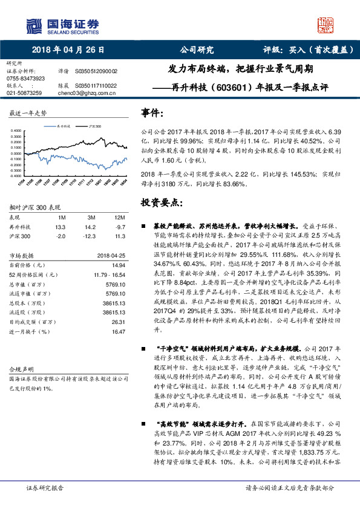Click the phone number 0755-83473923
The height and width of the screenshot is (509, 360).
[x=25, y=79]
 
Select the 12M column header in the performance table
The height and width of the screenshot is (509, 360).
[x=119, y=217]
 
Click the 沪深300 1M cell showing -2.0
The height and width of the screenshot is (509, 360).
[x=61, y=236]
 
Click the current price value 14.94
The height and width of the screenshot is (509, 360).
[x=119, y=265]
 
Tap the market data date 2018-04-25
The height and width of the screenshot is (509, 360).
[x=111, y=256]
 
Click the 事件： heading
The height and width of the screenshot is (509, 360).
[x=152, y=112]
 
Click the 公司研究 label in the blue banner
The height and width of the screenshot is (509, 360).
[x=197, y=50]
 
